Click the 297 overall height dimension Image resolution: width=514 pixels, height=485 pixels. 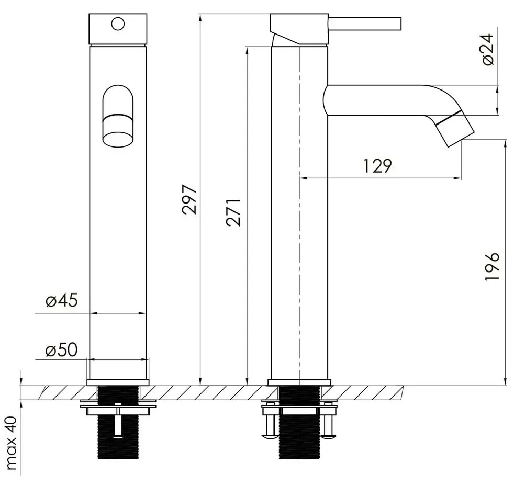tap(190, 199)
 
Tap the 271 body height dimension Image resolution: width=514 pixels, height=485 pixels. tap(233, 212)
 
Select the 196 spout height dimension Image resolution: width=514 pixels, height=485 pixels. tap(492, 266)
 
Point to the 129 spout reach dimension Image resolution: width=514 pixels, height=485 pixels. tap(377, 166)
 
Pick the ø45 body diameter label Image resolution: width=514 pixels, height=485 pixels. tap(62, 300)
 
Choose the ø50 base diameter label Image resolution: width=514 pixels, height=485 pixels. tap(62, 350)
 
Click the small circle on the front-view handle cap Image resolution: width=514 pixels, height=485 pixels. tap(118, 24)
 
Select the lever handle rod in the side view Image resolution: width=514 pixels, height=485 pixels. tap(365, 24)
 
